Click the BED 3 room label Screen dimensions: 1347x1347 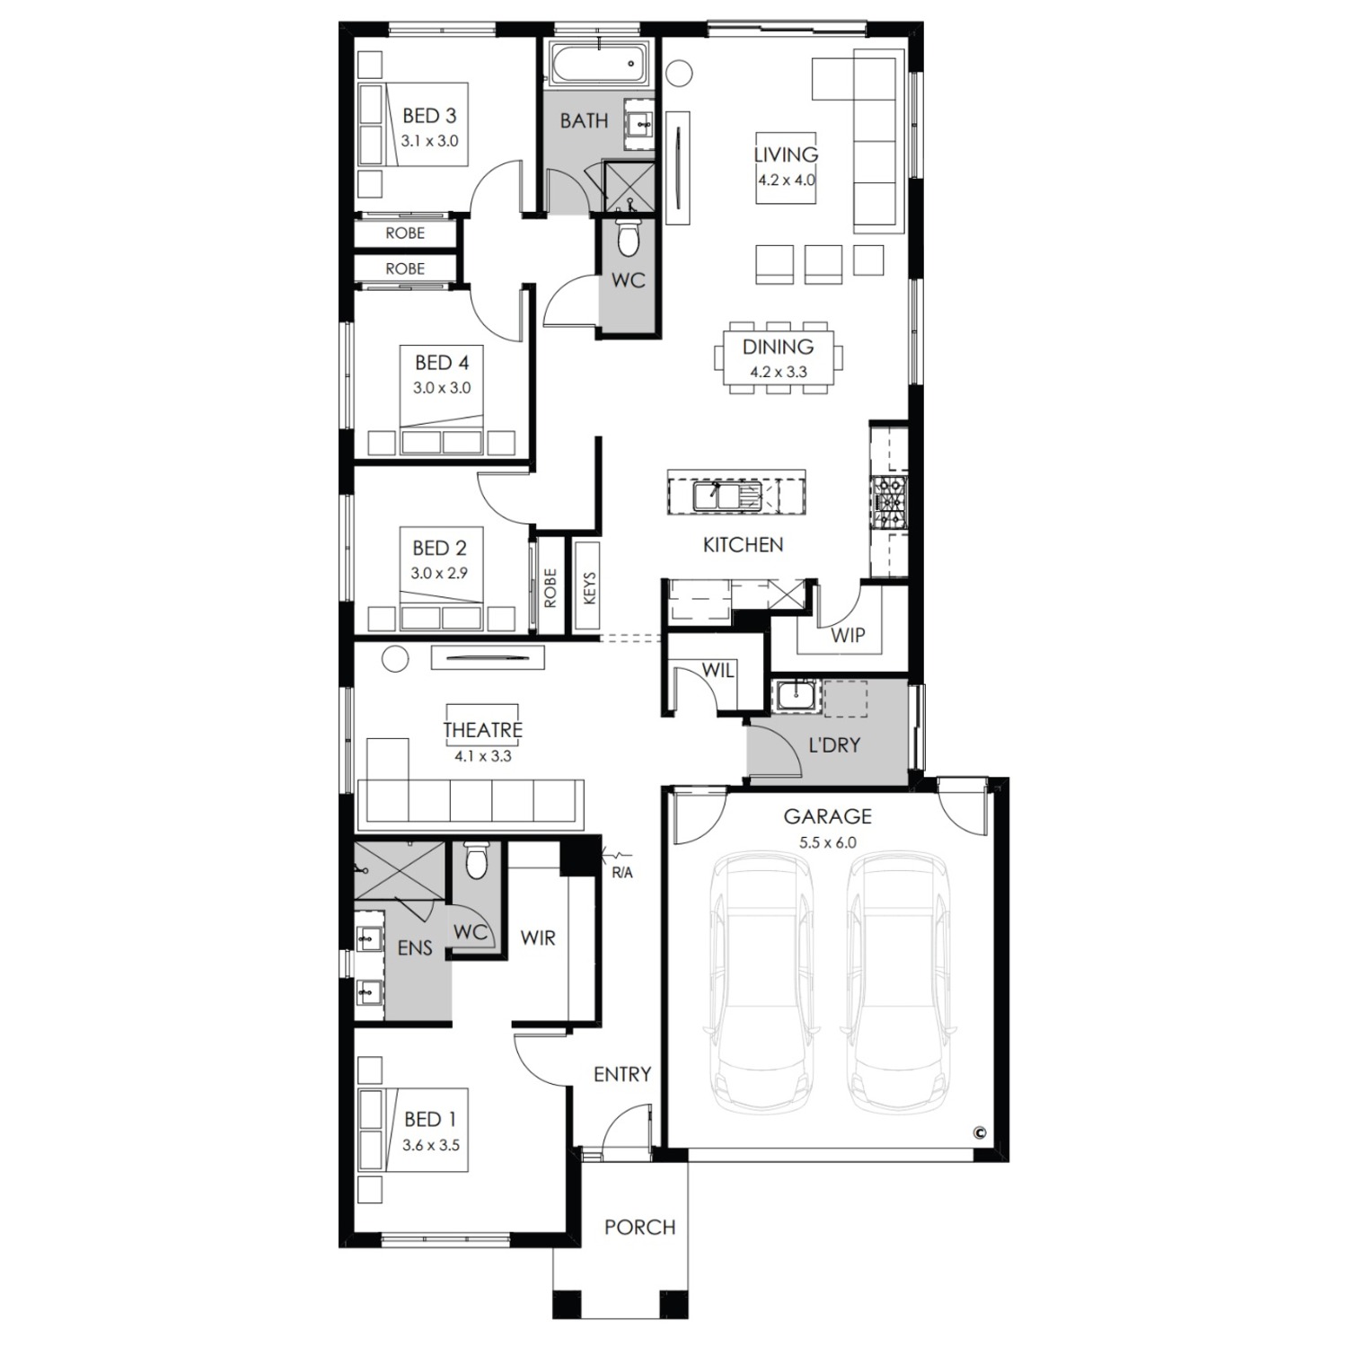[429, 116]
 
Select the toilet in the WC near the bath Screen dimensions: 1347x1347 [629, 239]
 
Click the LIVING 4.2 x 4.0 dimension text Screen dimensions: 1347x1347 [786, 180]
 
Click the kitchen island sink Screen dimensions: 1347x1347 [727, 496]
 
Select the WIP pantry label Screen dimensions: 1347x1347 [847, 636]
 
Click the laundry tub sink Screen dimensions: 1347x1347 [795, 697]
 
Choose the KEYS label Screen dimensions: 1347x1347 [589, 588]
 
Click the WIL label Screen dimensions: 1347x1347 [718, 670]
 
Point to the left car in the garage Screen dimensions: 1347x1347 [760, 983]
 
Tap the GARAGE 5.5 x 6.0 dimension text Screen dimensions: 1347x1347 [827, 843]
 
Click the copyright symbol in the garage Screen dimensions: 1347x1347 [979, 1133]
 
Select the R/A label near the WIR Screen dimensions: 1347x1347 [621, 873]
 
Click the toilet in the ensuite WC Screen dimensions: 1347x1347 [477, 861]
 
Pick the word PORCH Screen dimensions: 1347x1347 [639, 1228]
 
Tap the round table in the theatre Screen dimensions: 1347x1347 [396, 659]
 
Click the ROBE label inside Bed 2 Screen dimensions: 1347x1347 [550, 588]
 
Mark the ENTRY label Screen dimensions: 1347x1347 [622, 1075]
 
